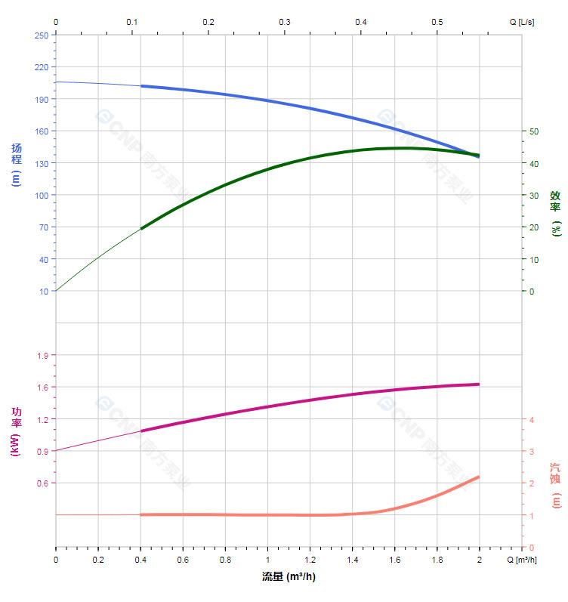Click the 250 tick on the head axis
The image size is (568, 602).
(x=41, y=35)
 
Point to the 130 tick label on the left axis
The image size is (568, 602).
(x=41, y=163)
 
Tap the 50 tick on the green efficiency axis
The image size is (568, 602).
(x=533, y=131)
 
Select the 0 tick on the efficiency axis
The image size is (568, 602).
(x=531, y=292)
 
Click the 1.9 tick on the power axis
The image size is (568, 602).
(x=42, y=355)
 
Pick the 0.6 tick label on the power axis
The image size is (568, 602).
(x=42, y=483)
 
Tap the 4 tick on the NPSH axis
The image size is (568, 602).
(x=531, y=420)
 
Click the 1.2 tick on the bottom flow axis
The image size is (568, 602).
(x=310, y=560)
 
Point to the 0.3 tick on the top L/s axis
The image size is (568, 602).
(x=285, y=22)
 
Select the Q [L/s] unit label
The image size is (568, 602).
(x=521, y=22)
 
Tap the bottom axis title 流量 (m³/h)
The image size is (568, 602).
(x=289, y=577)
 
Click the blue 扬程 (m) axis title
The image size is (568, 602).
(x=17, y=165)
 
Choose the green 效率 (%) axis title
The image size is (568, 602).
(x=556, y=214)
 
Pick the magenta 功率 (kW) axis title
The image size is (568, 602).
(x=17, y=432)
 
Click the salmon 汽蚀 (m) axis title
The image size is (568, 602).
(x=556, y=485)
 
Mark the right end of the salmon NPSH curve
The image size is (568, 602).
(x=479, y=477)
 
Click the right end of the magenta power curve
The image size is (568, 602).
(x=479, y=384)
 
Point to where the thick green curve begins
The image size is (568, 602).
(x=141, y=228)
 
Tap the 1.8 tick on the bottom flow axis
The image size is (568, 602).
(x=437, y=560)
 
